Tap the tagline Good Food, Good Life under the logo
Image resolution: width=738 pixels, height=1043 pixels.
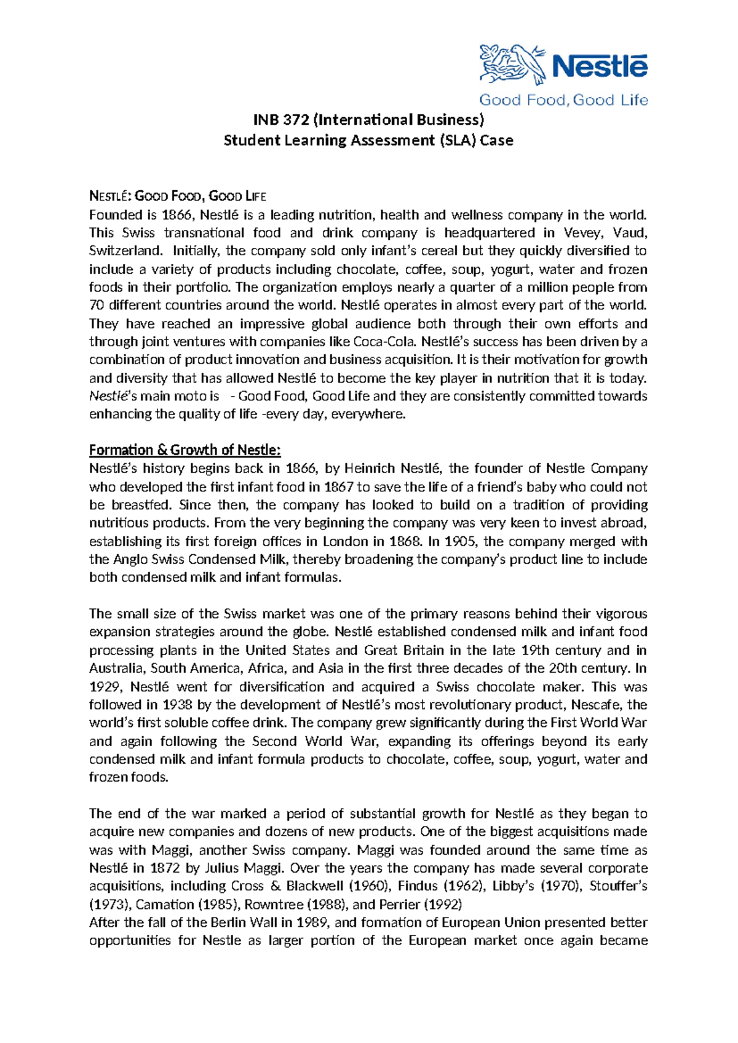click(x=563, y=100)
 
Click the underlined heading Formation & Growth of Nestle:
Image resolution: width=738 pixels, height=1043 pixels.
click(x=185, y=450)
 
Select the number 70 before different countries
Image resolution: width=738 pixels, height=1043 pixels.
click(x=97, y=306)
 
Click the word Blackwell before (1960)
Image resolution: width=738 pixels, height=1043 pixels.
click(x=315, y=886)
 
